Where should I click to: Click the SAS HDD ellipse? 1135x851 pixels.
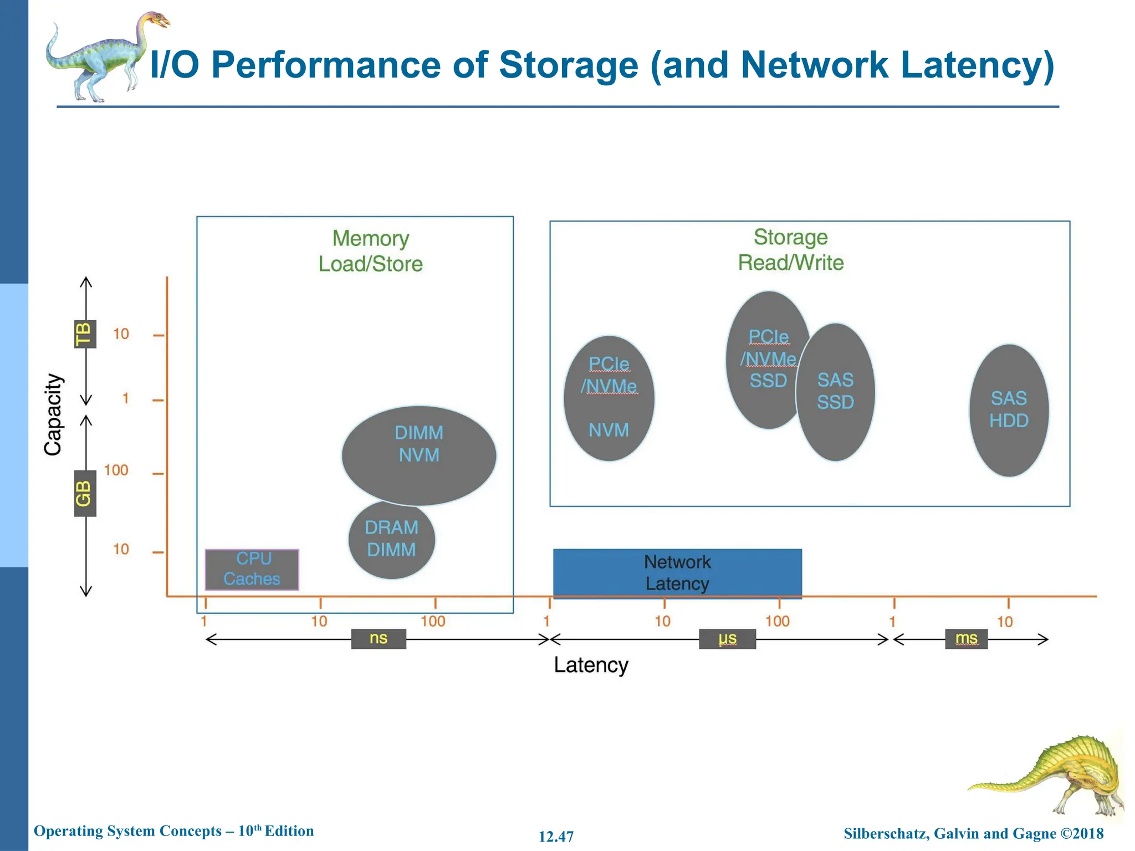click(1009, 410)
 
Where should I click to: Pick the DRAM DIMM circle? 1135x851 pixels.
click(391, 539)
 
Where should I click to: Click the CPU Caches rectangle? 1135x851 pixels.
click(252, 569)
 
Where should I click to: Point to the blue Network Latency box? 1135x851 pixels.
click(677, 573)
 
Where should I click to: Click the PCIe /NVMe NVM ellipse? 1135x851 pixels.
click(609, 398)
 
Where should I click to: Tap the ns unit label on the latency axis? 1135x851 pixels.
click(379, 638)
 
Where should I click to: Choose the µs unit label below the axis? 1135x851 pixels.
click(727, 638)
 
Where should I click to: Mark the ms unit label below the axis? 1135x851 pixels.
click(966, 638)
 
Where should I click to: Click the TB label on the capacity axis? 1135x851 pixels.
click(85, 334)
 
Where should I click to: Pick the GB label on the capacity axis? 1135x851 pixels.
click(85, 493)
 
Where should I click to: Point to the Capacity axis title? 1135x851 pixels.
click(53, 414)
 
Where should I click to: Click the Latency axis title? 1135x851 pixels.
click(591, 665)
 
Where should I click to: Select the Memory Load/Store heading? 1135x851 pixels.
click(370, 251)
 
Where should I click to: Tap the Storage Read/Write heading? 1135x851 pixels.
click(790, 250)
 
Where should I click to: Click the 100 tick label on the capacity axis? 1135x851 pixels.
click(116, 470)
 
